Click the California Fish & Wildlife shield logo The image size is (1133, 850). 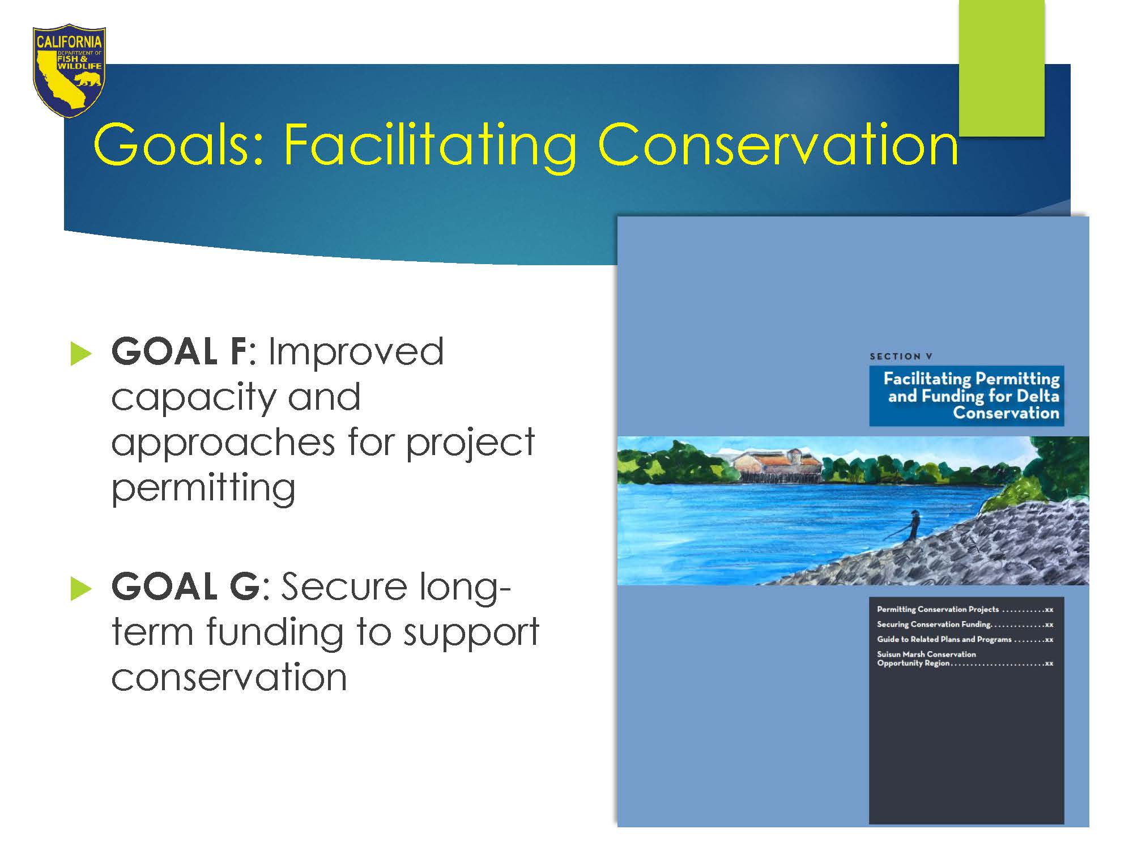69,71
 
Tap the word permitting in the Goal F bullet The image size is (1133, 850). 203,487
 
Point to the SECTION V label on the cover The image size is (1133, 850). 901,356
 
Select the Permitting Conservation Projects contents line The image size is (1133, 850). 965,610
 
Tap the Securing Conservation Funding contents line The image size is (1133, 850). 965,624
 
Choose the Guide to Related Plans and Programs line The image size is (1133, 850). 965,639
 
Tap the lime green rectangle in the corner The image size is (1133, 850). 1002,68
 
